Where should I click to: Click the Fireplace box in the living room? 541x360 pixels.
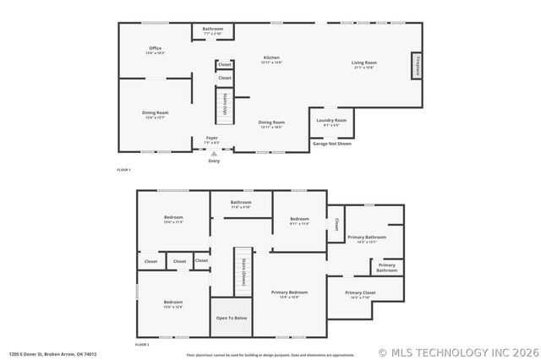coord(416,65)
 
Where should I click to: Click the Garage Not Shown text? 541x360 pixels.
coord(332,144)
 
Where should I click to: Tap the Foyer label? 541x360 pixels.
coord(211,139)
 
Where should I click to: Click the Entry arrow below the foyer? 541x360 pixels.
coord(214,154)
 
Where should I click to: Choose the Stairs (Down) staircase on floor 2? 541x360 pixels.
coord(243,271)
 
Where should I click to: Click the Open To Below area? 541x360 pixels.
coord(232,318)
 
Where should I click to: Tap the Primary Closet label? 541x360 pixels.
coord(360,294)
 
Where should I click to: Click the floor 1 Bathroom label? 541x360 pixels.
coord(213,30)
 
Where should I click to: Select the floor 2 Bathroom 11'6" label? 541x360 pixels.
coord(241,204)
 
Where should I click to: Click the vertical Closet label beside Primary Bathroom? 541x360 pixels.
coord(336,225)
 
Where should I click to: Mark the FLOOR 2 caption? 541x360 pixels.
coord(142,345)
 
